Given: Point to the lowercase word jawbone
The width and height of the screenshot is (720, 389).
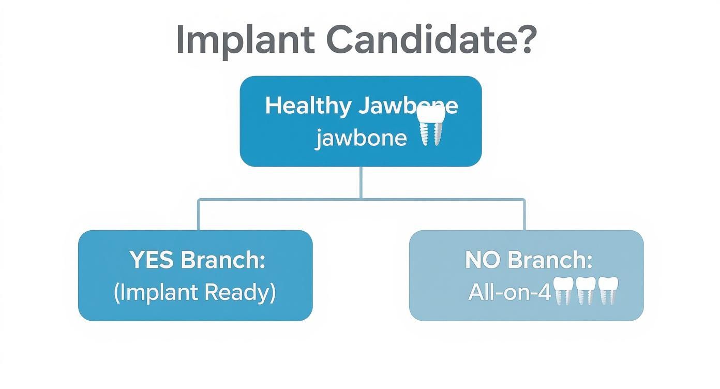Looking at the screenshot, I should pos(361,138).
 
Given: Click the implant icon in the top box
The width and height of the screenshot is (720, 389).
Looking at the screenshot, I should pos(431,126).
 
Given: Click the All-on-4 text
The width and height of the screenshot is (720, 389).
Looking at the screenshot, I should pos(509,293).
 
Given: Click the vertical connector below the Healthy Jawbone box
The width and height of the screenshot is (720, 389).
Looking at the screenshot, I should pos(361,182).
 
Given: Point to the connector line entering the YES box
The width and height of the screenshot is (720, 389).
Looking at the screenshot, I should pos(198,215).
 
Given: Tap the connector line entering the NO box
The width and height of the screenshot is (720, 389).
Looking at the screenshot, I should pos(524,215).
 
